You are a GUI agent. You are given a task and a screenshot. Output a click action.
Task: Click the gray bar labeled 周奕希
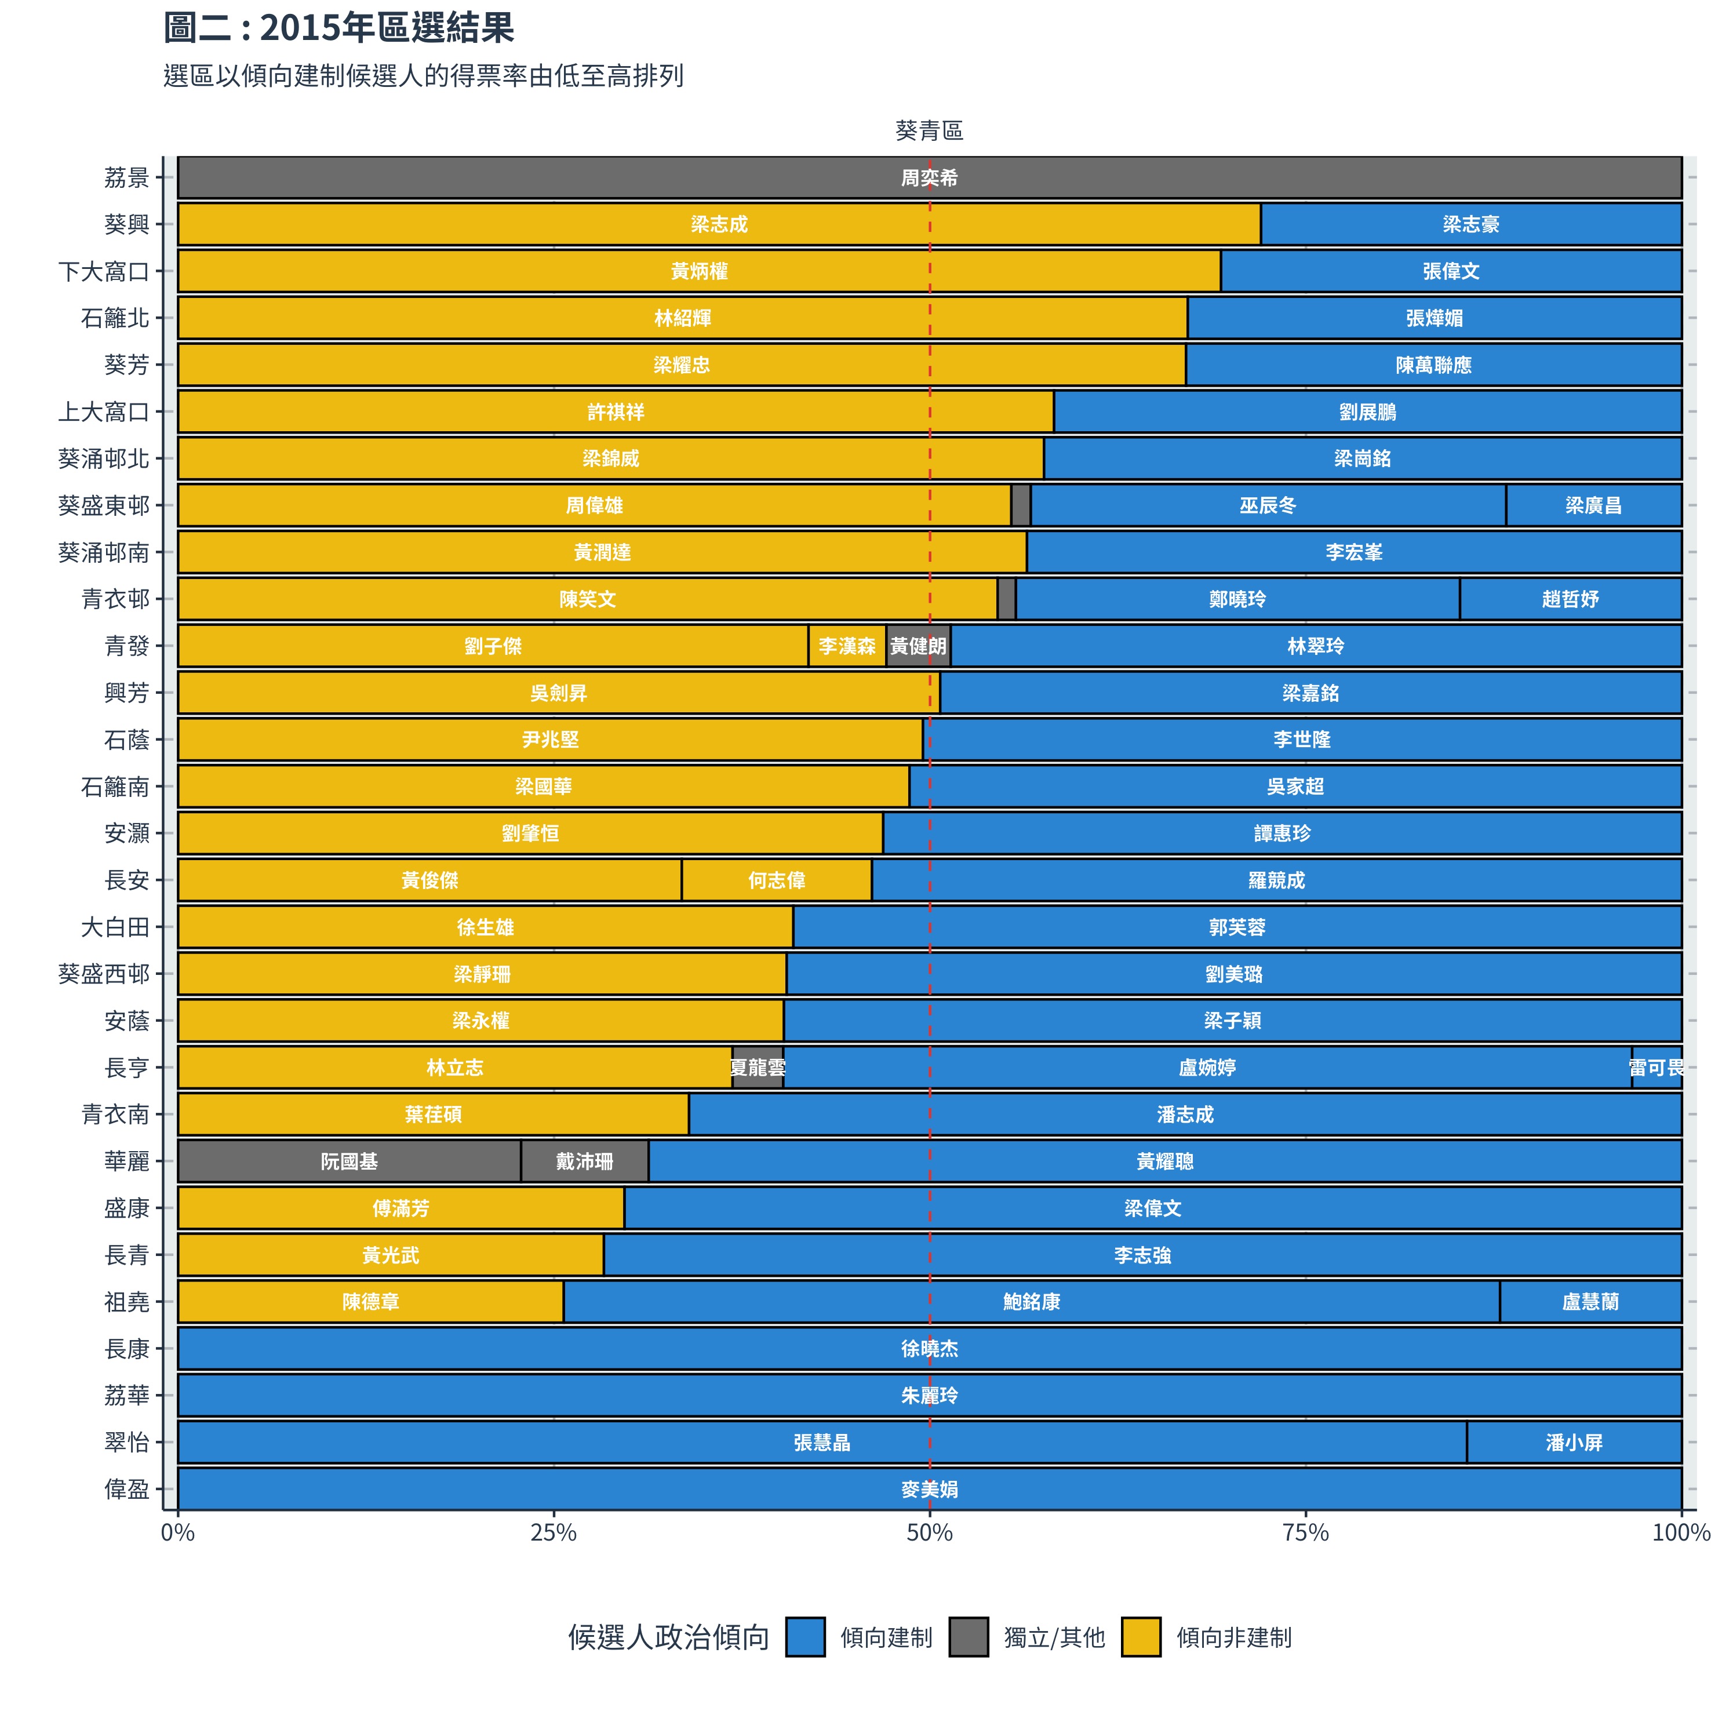[929, 178]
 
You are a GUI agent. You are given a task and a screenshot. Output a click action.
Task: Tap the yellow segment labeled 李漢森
[847, 646]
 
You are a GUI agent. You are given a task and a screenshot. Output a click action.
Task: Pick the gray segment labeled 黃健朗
[918, 646]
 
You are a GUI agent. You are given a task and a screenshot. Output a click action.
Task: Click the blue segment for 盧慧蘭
[1590, 1301]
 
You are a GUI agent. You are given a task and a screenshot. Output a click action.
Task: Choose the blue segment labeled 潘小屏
[1574, 1442]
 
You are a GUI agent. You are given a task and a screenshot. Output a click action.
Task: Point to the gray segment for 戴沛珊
[584, 1161]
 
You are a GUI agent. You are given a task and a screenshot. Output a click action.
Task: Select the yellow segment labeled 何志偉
[777, 880]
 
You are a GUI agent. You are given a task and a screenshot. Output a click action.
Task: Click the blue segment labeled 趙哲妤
[1570, 599]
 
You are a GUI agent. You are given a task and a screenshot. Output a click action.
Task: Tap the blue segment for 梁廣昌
[1593, 505]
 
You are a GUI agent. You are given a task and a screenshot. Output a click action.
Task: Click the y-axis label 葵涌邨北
[104, 458]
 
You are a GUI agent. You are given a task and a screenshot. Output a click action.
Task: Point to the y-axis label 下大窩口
[104, 271]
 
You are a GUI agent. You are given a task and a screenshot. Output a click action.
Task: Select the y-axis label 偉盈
[126, 1488]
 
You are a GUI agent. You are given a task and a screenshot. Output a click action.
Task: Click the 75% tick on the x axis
[1305, 1532]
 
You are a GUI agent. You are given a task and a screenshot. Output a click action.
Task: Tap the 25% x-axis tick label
[554, 1532]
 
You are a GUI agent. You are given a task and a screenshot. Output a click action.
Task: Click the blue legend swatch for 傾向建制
[805, 1637]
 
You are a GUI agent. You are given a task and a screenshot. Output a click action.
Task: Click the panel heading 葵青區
[929, 131]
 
